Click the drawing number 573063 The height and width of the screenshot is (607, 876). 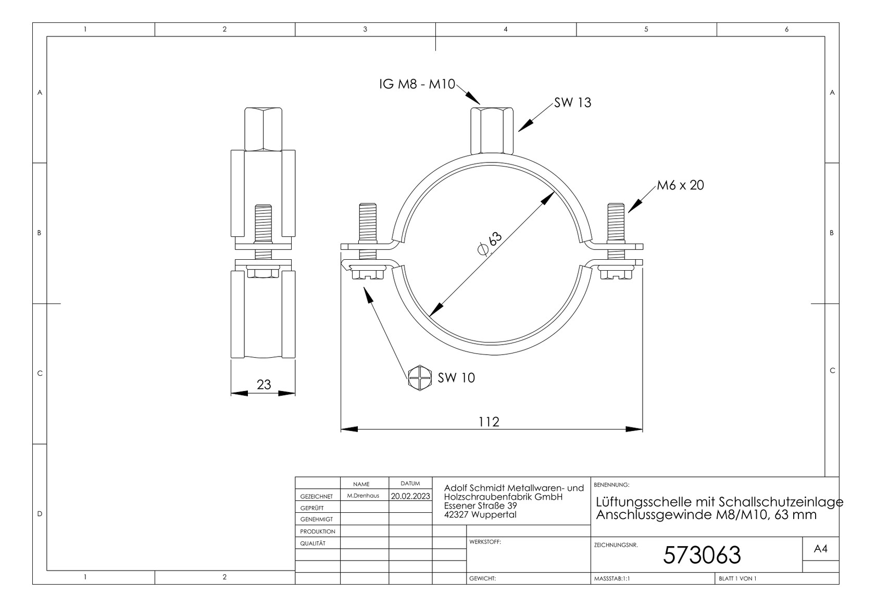pos(701,555)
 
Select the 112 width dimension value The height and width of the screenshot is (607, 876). pos(489,422)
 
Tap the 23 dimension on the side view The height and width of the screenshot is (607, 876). pos(264,385)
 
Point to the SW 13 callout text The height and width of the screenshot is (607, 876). pos(572,103)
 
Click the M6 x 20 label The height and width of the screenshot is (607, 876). pos(680,185)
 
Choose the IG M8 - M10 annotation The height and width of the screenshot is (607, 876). pos(417,84)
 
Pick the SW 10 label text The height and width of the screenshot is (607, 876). pos(456,378)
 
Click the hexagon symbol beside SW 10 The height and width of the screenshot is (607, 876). pos(420,377)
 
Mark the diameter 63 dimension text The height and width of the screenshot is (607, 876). pos(490,243)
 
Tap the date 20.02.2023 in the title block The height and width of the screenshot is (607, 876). pos(410,496)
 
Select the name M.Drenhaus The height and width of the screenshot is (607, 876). pos(363,496)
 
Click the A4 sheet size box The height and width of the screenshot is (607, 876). pos(820,549)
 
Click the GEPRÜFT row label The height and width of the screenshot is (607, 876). pos(312,508)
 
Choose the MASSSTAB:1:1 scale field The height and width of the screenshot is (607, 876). pos(611,578)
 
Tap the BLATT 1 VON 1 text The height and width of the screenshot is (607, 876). pos(737,578)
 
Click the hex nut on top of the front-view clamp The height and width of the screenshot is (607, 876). pos(492,131)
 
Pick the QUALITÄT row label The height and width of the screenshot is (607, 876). pos(312,543)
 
